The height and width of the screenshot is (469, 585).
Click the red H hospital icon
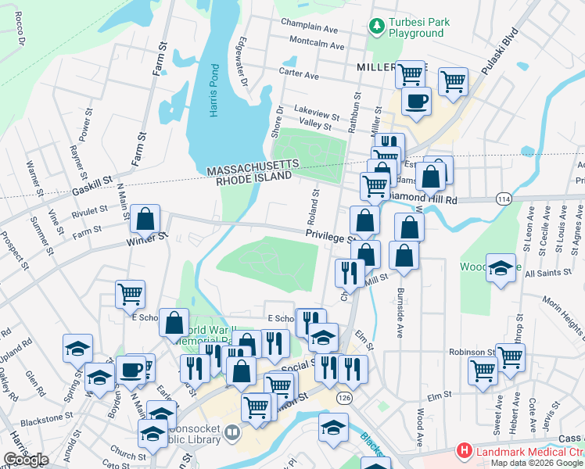(465, 451)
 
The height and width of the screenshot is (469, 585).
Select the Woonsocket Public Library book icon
(232, 431)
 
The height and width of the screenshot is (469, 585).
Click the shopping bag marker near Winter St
(145, 220)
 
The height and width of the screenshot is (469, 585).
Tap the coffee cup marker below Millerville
(416, 101)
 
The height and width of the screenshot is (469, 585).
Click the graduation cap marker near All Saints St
(501, 268)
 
